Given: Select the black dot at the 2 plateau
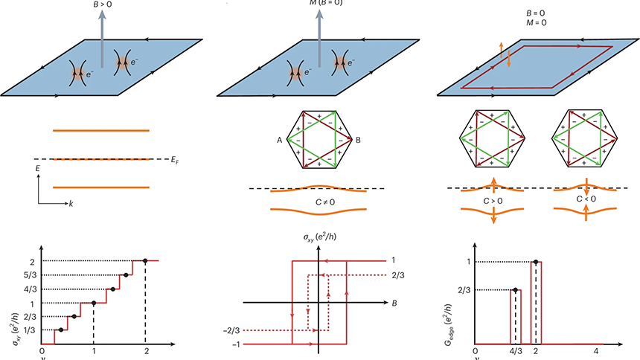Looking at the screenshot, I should point(145,260).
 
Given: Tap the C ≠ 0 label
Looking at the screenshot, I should point(319,200).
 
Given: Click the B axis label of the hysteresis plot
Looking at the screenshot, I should point(393,303).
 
